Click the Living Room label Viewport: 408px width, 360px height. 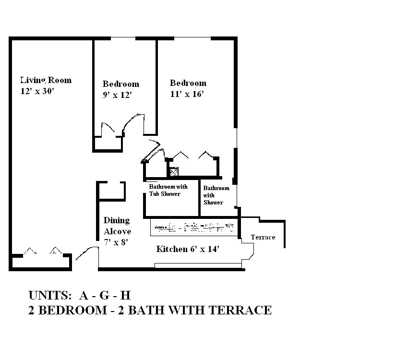46,80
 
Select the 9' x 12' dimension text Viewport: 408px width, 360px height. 117,95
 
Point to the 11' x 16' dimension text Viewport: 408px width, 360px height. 187,94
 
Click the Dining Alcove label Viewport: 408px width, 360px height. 117,226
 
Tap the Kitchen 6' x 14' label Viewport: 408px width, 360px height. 188,249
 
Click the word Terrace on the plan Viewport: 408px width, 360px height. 263,237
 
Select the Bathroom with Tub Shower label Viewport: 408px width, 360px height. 168,190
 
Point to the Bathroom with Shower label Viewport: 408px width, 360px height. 216,195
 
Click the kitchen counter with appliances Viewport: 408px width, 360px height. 194,226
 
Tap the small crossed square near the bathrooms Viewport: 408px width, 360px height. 174,171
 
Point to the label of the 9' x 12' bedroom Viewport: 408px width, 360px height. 120,84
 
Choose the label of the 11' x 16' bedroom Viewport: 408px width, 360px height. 188,83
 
